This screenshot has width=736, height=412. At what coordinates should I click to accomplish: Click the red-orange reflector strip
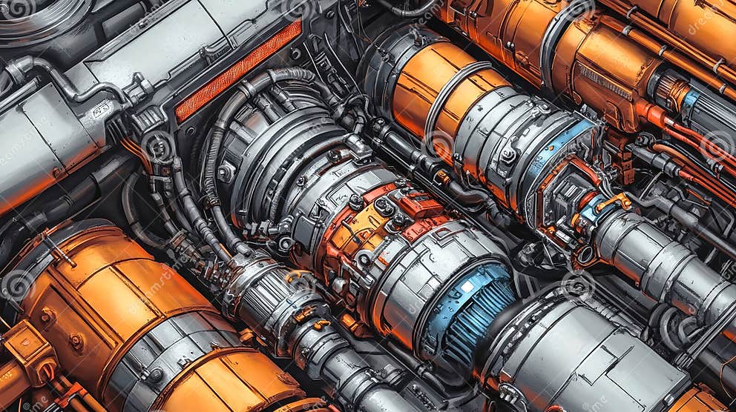tap(238, 70)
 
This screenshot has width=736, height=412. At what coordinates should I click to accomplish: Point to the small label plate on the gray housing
tap(101, 110)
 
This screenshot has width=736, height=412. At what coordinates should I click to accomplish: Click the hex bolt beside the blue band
tap(509, 156)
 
